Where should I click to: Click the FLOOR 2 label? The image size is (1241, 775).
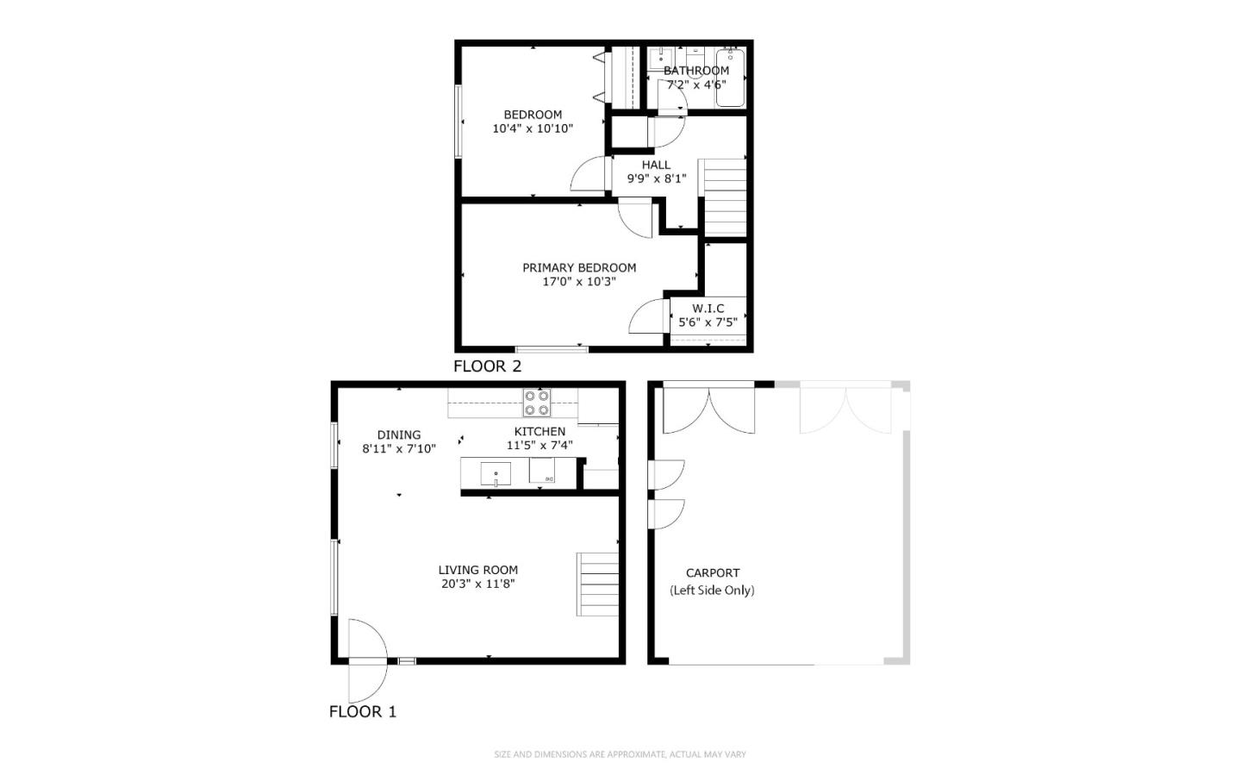point(487,366)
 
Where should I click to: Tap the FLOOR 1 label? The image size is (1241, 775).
point(363,712)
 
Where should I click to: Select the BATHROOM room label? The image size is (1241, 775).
point(695,71)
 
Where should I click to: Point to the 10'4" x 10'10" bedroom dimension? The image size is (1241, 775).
point(533,128)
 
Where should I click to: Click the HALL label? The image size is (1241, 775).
point(656,165)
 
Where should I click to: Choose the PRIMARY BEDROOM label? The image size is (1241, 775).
point(579,267)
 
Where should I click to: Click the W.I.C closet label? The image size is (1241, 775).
point(708,308)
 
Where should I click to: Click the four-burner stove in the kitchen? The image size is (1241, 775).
point(537,403)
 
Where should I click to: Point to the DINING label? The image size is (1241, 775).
point(399,434)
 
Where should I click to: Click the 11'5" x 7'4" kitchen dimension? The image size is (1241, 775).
point(539,446)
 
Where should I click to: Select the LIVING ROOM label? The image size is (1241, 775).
point(477,570)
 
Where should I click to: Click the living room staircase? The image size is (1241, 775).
point(597,584)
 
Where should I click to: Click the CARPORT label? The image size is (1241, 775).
point(713,572)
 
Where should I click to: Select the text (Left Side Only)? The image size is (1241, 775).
point(712,591)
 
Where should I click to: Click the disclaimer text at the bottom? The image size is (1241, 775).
point(620,754)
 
